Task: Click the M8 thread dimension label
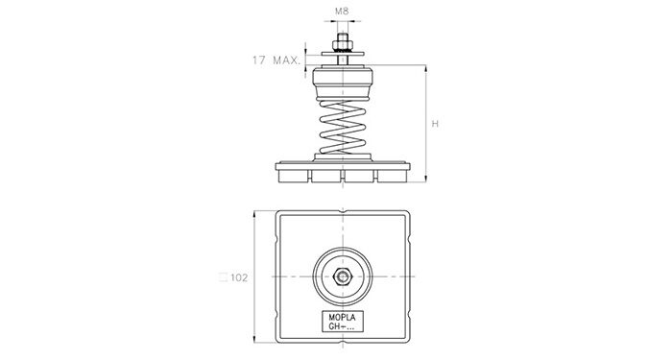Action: point(342,12)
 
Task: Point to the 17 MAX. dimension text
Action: point(276,60)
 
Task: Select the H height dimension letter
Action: point(435,124)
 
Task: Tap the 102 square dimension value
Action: point(239,277)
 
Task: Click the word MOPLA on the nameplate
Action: point(342,318)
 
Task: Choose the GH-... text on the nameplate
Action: point(342,326)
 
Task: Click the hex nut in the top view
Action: point(343,276)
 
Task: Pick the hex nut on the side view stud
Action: point(343,45)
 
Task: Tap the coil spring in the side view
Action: point(343,127)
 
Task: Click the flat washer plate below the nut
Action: point(343,54)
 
